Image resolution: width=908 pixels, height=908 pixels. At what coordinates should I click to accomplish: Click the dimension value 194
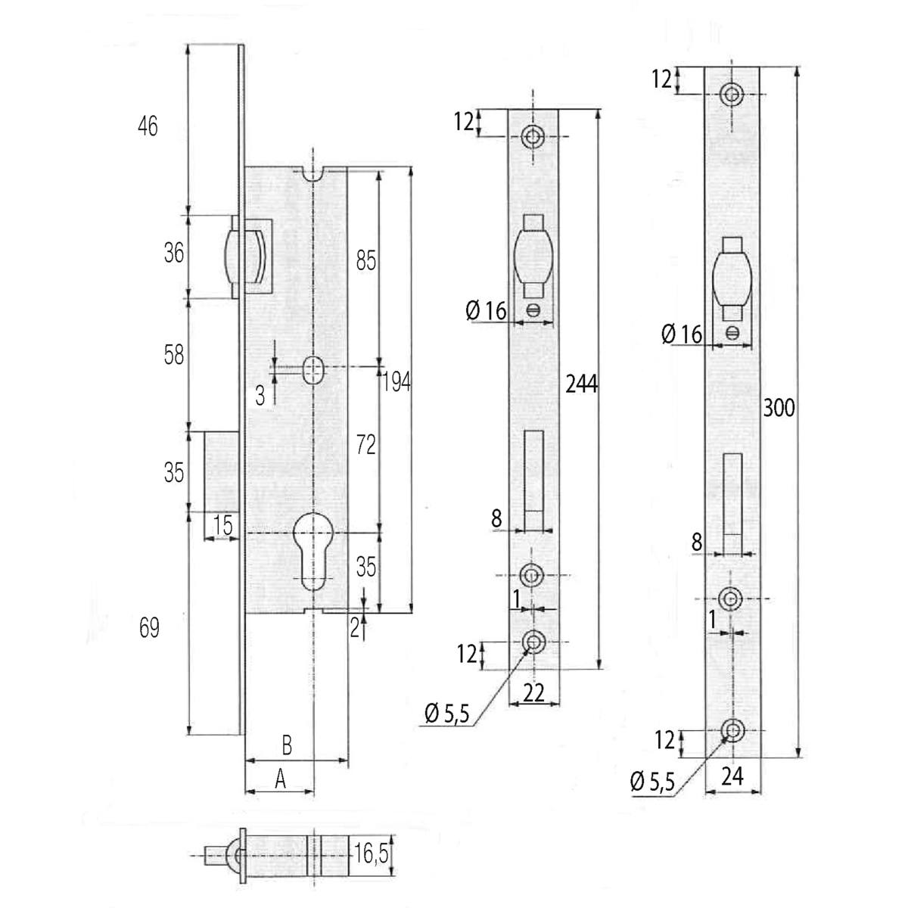397,382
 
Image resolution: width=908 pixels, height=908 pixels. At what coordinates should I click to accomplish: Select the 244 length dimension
581,384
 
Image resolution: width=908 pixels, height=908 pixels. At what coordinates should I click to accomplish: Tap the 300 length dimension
779,407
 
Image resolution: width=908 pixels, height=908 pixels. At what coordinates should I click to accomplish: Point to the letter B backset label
287,745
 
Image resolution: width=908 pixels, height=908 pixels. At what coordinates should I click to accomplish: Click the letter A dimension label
279,779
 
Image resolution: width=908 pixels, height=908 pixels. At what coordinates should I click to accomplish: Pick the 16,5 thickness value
372,855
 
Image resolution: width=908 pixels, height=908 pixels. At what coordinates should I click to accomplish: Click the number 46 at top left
148,126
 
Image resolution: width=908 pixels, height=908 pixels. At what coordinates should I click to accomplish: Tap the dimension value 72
365,446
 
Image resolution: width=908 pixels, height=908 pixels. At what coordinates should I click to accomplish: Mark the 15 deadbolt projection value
222,524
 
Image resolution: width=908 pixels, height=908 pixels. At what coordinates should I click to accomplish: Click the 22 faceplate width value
534,693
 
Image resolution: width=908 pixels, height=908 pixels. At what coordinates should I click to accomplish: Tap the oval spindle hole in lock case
311,370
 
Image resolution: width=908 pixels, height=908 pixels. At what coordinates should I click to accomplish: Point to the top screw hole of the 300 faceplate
732,94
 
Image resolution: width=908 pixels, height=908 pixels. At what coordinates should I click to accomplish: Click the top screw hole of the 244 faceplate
533,137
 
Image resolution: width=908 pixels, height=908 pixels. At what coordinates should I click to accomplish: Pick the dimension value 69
150,628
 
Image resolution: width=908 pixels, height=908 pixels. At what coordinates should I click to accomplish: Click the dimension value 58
174,354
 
